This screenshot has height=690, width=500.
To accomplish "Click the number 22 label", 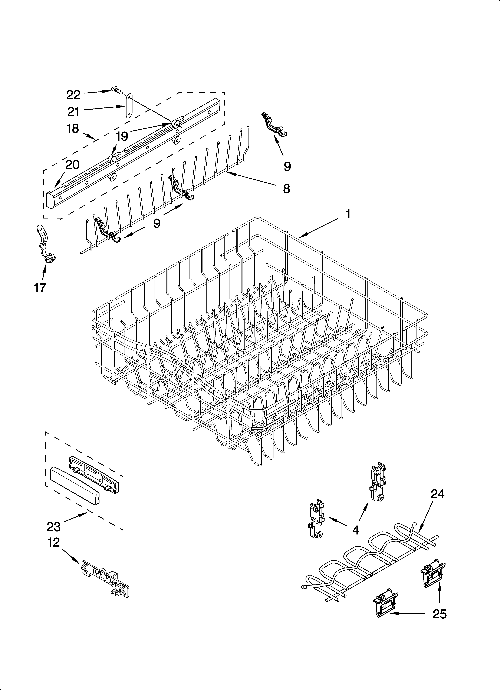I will [73, 95].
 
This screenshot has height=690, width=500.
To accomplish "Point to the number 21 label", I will [73, 112].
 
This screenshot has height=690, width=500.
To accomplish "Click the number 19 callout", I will [122, 137].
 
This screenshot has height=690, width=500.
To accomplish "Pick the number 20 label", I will [72, 165].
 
